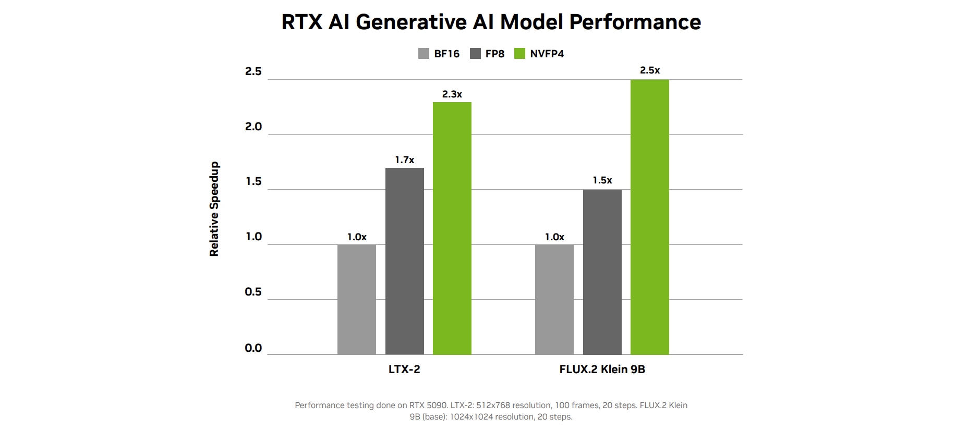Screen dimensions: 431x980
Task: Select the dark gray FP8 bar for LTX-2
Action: [404, 261]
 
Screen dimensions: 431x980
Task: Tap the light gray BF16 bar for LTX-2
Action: [356, 299]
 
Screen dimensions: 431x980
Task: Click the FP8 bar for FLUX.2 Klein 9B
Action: [602, 272]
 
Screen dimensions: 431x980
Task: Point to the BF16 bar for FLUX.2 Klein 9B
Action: [554, 299]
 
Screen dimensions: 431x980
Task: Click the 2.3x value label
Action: [452, 94]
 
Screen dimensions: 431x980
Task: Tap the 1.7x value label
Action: [404, 160]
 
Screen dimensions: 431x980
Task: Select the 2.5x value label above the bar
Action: [649, 70]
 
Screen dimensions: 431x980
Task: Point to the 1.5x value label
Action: [602, 180]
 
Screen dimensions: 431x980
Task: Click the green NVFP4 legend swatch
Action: [519, 54]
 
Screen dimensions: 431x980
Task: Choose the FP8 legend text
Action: [494, 54]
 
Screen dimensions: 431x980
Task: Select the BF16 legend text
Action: [446, 54]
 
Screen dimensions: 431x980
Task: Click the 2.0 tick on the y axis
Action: [253, 127]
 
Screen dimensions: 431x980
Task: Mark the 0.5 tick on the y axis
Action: [253, 292]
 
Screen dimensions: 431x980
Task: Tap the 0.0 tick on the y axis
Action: [253, 348]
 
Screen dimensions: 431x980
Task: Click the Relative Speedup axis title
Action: [214, 209]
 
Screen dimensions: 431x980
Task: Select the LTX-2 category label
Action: [404, 370]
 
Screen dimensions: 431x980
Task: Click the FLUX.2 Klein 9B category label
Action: [602, 370]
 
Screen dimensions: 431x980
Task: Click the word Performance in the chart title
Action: [635, 22]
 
